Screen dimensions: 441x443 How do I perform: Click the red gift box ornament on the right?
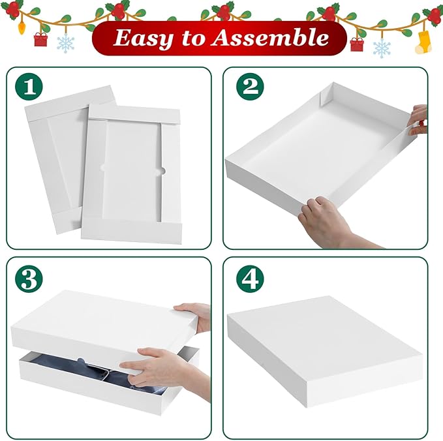click(x=356, y=44)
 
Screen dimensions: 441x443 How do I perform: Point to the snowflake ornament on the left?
click(x=65, y=44)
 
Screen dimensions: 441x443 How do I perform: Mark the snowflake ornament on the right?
click(x=382, y=47)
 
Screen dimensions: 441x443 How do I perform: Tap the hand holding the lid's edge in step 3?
click(x=194, y=316)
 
